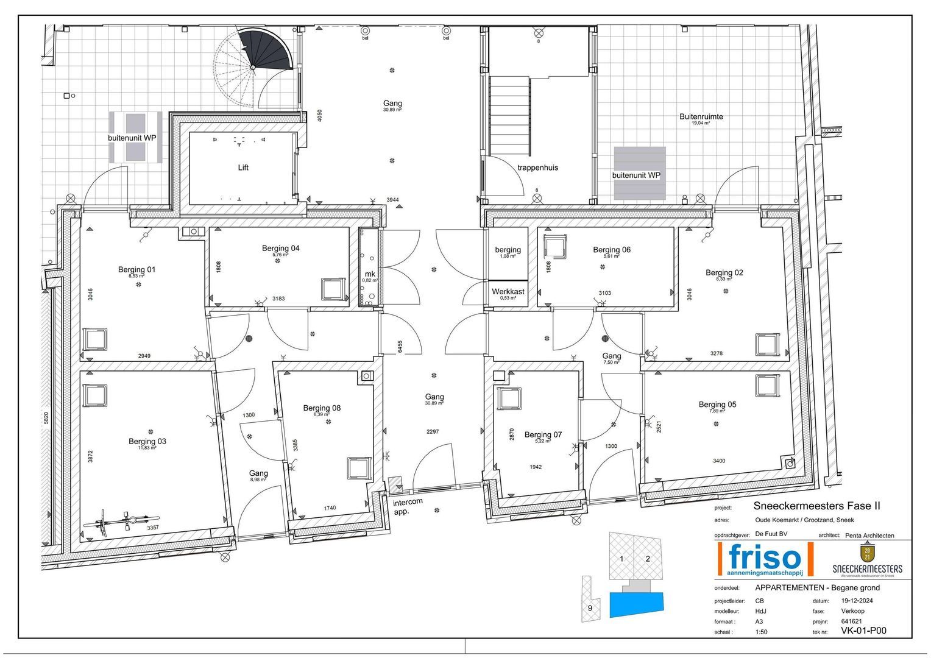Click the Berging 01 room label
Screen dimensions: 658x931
click(x=136, y=269)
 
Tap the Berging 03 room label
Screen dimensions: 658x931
click(x=147, y=441)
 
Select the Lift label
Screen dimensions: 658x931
click(x=243, y=168)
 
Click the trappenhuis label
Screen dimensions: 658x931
click(x=537, y=168)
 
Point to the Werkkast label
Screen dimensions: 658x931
click(x=508, y=291)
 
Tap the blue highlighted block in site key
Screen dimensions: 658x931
click(x=636, y=603)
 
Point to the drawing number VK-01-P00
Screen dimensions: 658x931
click(x=863, y=631)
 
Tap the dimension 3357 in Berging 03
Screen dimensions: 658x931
click(x=153, y=528)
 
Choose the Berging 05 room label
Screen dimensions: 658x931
click(x=717, y=405)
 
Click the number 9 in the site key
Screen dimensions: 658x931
click(x=590, y=607)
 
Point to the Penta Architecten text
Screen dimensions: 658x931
click(x=869, y=536)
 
